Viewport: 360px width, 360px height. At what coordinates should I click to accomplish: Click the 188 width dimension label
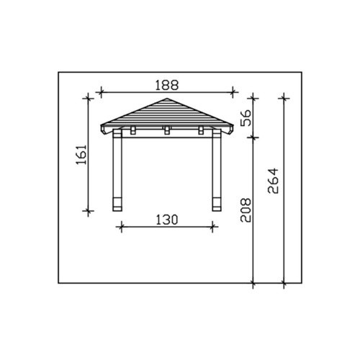167,86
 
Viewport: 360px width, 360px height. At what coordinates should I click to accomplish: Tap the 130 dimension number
167,220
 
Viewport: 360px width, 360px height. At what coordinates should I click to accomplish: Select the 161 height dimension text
81,154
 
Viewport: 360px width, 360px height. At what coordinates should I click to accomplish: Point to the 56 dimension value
246,118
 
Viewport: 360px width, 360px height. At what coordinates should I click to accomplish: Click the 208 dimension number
246,210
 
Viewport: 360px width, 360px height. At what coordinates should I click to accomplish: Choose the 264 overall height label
274,181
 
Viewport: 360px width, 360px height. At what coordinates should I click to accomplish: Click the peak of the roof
167,99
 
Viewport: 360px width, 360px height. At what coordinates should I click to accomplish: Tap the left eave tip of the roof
101,125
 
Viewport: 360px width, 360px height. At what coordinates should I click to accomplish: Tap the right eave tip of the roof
233,125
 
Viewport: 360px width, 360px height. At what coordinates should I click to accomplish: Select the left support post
117,170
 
